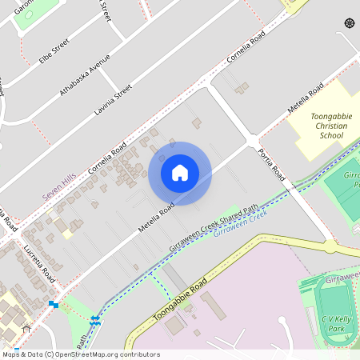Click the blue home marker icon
(180, 173)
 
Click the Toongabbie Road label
(180, 299)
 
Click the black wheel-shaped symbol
(349, 23)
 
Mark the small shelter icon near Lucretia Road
(26, 327)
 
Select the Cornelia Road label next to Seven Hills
(108, 158)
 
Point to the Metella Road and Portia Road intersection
(254, 141)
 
